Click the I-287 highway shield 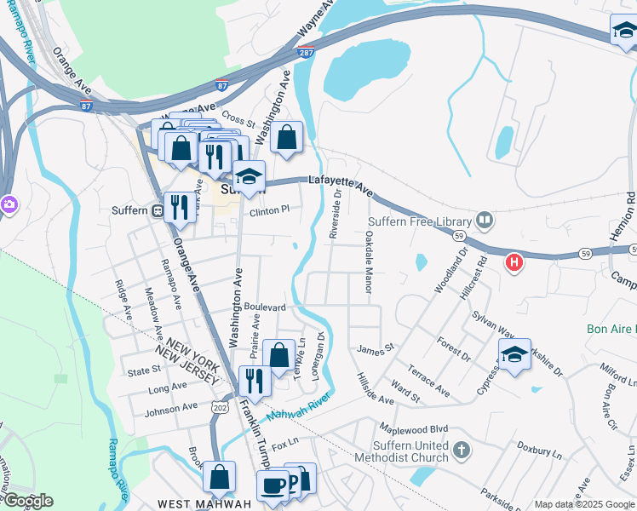tap(306, 53)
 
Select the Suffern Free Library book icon tap(485, 221)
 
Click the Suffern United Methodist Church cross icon tap(461, 449)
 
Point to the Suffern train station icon tap(157, 210)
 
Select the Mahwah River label tap(298, 410)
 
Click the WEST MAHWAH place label tap(210, 503)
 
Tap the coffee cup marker tap(273, 485)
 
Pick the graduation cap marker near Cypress tap(514, 354)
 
